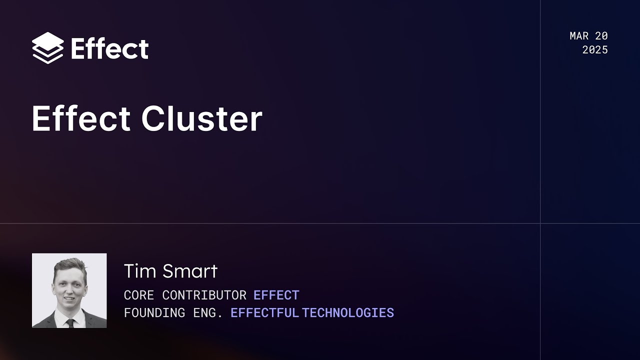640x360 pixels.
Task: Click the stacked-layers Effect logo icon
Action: point(47,48)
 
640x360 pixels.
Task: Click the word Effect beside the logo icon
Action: point(109,49)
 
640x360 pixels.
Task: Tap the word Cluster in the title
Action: point(201,119)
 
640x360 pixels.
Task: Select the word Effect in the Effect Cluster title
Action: point(81,119)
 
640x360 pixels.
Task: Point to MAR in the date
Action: point(579,36)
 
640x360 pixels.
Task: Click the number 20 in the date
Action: point(601,36)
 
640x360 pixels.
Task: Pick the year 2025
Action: point(595,50)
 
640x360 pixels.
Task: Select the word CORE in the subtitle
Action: point(139,295)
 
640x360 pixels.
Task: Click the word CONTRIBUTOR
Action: point(204,295)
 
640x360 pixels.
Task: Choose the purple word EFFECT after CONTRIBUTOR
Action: point(276,295)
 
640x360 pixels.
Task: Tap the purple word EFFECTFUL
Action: point(264,313)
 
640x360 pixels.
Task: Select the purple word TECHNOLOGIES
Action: point(348,313)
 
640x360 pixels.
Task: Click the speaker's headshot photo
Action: point(69,290)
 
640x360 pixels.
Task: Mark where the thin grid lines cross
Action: point(540,223)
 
